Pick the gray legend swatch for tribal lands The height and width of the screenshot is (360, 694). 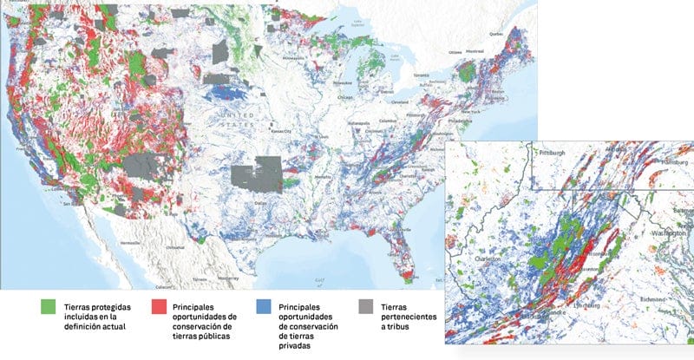(x=363, y=307)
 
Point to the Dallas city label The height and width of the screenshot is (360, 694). (x=260, y=201)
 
